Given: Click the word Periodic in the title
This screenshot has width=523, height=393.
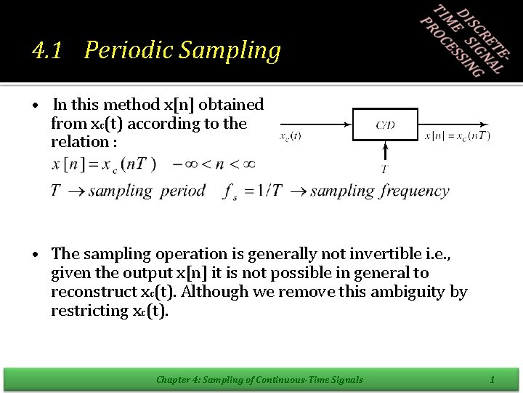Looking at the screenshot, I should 128,50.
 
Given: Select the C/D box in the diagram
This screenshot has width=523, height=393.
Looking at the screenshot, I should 385,124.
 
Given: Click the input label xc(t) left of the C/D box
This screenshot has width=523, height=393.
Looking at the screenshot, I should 291,135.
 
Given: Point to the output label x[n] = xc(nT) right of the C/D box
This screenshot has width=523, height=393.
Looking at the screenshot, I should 457,135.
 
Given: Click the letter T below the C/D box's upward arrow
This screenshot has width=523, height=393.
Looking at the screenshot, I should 384,170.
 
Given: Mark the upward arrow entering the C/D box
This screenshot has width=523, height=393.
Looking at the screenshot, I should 384,151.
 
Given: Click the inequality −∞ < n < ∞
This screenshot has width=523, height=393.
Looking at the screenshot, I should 214,163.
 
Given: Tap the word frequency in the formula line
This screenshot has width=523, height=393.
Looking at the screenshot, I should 415,191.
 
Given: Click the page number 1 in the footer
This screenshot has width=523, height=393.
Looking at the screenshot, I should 492,379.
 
